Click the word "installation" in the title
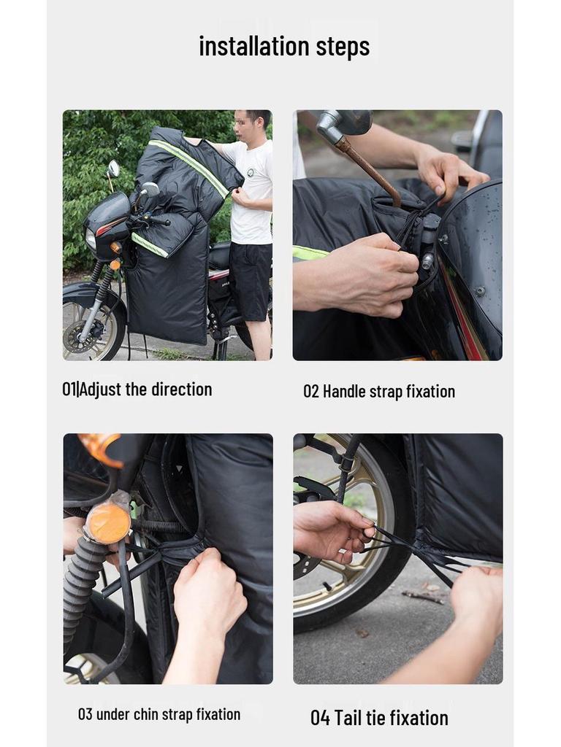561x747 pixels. point(253,46)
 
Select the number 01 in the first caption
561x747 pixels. point(69,390)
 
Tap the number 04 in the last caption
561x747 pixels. point(320,718)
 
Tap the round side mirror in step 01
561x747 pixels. point(113,169)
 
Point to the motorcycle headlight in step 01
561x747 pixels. point(91,239)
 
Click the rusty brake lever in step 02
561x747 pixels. point(370,171)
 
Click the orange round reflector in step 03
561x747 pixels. point(108,522)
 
